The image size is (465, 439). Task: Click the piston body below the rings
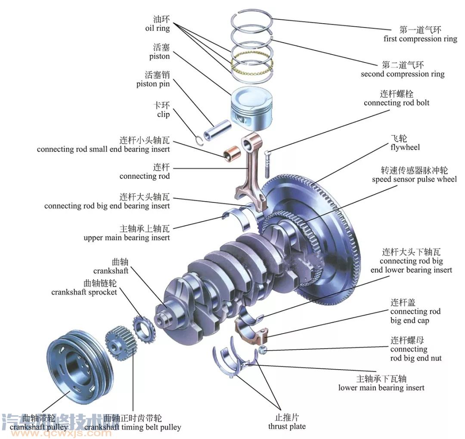249,110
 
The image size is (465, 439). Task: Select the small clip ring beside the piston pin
198,139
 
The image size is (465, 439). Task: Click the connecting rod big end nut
264,350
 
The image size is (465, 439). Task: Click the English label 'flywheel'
405,148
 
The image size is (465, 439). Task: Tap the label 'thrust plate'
287,427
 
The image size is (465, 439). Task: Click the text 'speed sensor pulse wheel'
414,179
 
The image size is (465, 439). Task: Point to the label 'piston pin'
153,84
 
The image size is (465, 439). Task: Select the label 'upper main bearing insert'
127,238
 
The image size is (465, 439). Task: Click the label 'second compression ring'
402,74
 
